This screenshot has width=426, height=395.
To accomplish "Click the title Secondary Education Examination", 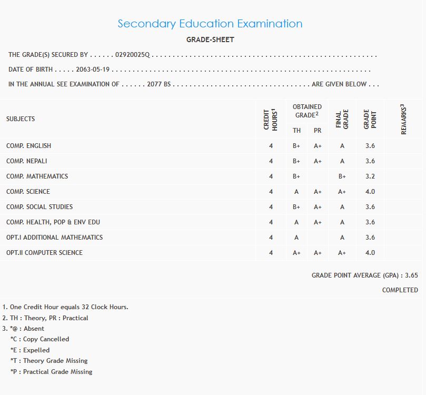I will pos(210,24).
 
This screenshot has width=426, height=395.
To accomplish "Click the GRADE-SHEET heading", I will pos(210,39).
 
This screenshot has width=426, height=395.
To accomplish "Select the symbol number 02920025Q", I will pos(133,55).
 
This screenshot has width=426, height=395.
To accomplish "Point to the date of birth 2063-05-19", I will pos(93,70).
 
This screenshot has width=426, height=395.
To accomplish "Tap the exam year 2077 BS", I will pos(159,84).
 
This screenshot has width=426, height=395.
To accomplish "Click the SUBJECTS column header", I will pos(21,119).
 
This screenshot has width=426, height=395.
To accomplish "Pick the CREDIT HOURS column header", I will pos(271,120).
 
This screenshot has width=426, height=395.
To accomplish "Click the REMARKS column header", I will pos(404,120).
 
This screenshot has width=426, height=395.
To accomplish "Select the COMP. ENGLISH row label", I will pos(28,146).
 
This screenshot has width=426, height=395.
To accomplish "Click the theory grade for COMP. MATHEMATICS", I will pos(296,176).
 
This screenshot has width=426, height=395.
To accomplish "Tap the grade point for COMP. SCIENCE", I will pos(370,192).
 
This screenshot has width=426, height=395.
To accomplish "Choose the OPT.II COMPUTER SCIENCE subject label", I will pos(44,253).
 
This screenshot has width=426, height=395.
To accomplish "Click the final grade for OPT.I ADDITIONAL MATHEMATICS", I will pos(342,238).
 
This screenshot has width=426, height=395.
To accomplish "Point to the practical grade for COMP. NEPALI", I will pos(318,161).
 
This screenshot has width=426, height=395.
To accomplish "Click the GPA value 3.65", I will pos(412,275).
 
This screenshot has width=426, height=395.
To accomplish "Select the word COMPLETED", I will pos(400,290).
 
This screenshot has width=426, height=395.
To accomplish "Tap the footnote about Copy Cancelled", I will pos(40,339).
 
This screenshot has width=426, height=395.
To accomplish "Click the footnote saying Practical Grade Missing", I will pos(52,372).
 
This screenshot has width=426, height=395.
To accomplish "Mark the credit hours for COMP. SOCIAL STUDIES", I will pos(271,207).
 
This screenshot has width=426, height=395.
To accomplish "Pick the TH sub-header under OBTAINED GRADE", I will pos(296,131).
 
